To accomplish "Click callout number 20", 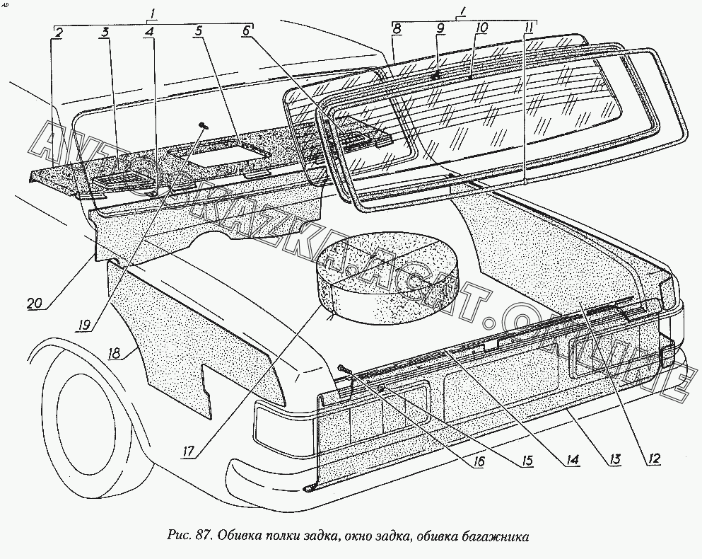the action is pos(34,304).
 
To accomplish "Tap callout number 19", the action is pos(84,325).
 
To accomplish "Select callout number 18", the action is pos(114,353).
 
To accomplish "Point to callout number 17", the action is pos(189,451).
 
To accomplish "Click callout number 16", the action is pos(478,462).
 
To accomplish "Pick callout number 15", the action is pos(527,461).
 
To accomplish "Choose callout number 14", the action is pos(572,459).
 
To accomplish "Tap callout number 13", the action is pos(614,459).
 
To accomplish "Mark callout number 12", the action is pos(654,458).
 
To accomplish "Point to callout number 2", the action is pos(59,32).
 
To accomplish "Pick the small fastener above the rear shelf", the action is pos(204,125).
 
